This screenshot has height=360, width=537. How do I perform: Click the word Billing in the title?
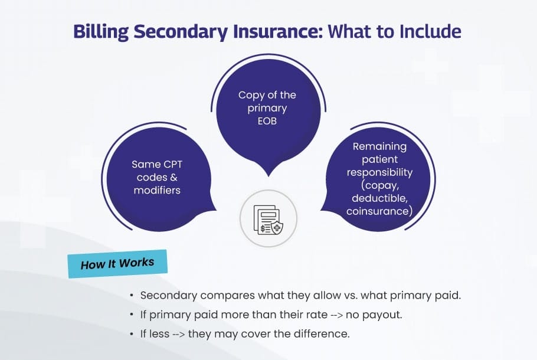click(x=101, y=31)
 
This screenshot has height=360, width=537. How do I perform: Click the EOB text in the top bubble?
click(x=267, y=121)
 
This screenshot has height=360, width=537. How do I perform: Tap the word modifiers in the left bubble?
click(x=157, y=191)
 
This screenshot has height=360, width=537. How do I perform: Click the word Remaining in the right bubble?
click(x=379, y=146)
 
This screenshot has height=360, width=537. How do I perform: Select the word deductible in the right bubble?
click(x=379, y=198)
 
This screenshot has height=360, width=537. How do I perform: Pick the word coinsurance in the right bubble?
click(x=378, y=211)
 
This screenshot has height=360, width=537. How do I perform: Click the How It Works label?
click(x=117, y=264)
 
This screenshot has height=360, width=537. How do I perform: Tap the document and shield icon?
click(x=268, y=220)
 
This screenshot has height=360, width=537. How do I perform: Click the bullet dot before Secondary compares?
click(x=132, y=296)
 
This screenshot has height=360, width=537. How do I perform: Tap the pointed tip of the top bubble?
click(x=269, y=176)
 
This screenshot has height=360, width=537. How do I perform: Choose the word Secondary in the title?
click(x=181, y=31)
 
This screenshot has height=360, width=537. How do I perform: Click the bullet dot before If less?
click(x=132, y=334)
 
